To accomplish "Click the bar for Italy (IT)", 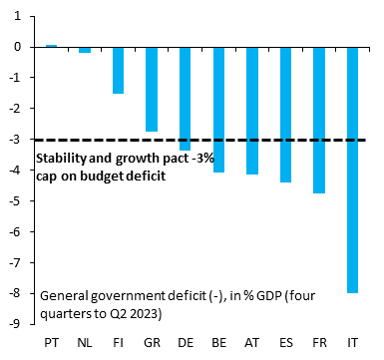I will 352,170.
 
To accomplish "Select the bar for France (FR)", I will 318,120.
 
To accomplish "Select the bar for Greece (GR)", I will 152,89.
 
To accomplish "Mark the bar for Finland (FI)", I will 118,70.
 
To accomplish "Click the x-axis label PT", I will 51,342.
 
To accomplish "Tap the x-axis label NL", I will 85,342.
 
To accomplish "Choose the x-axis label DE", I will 185,342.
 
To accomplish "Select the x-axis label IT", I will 352,342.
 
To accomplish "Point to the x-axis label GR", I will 152,342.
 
